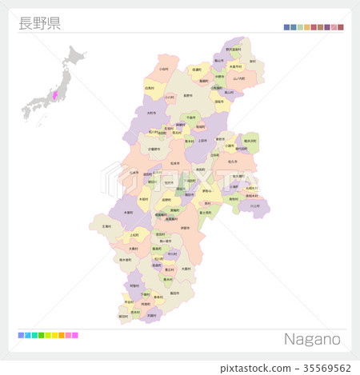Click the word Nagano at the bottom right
[x=312, y=339]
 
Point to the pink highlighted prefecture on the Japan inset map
[x=55, y=95]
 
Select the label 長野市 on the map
[x=188, y=95]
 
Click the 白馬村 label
[x=150, y=88]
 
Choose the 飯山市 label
[x=218, y=60]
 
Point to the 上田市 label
[x=202, y=141]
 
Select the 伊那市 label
[x=185, y=228]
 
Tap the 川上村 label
[x=254, y=205]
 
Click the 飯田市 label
[x=174, y=293]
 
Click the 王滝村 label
[x=106, y=226]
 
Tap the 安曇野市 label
[x=153, y=149]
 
